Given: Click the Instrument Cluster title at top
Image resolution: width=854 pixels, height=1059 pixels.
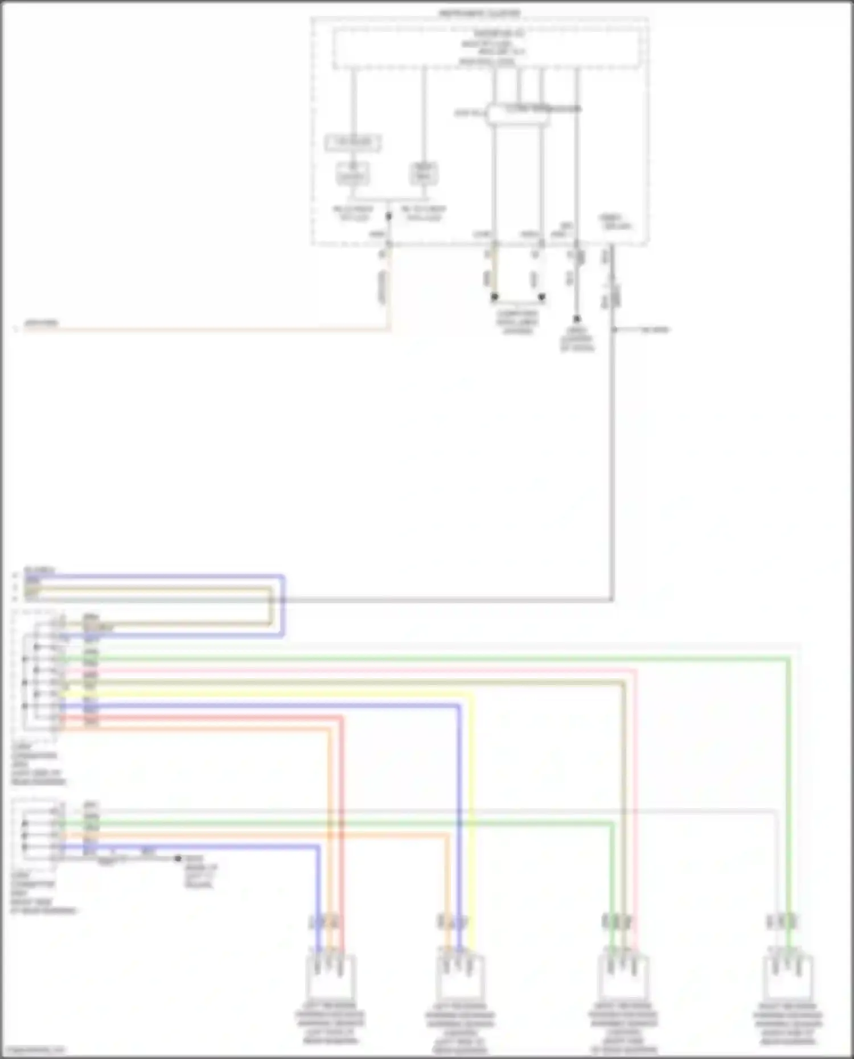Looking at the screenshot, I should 479,13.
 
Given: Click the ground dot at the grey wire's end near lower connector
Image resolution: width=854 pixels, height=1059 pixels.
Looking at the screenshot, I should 178,858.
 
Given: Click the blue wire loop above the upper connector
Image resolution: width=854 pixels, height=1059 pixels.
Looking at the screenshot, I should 171,577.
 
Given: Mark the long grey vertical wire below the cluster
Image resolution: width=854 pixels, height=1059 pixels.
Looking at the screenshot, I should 612,455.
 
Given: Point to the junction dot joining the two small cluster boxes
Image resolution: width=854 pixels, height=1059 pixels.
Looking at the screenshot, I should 389,216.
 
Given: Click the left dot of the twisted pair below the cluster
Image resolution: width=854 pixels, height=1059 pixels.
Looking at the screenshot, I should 494,297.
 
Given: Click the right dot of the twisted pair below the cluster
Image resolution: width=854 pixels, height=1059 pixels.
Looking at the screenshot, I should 541,297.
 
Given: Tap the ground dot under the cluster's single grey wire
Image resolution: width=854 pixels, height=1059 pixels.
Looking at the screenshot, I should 576,319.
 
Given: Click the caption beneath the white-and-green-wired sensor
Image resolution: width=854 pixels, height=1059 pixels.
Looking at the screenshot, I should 787,1024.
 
